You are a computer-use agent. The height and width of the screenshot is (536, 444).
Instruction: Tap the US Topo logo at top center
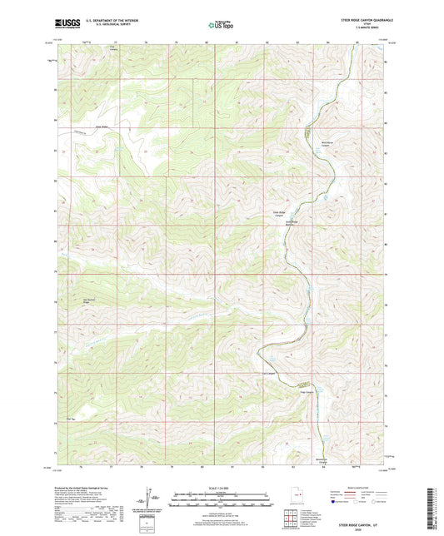218,25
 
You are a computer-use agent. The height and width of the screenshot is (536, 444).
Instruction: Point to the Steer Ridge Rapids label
292,223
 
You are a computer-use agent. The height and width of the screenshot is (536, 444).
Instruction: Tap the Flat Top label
71,419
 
